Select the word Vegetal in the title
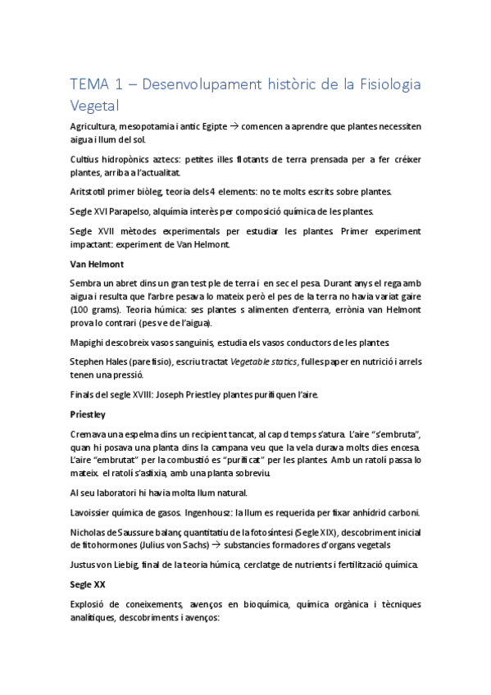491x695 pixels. (x=95, y=106)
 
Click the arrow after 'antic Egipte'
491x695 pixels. (x=234, y=127)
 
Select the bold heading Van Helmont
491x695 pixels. (x=96, y=264)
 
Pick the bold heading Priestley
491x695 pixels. (x=88, y=414)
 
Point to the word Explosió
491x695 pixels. (x=90, y=604)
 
